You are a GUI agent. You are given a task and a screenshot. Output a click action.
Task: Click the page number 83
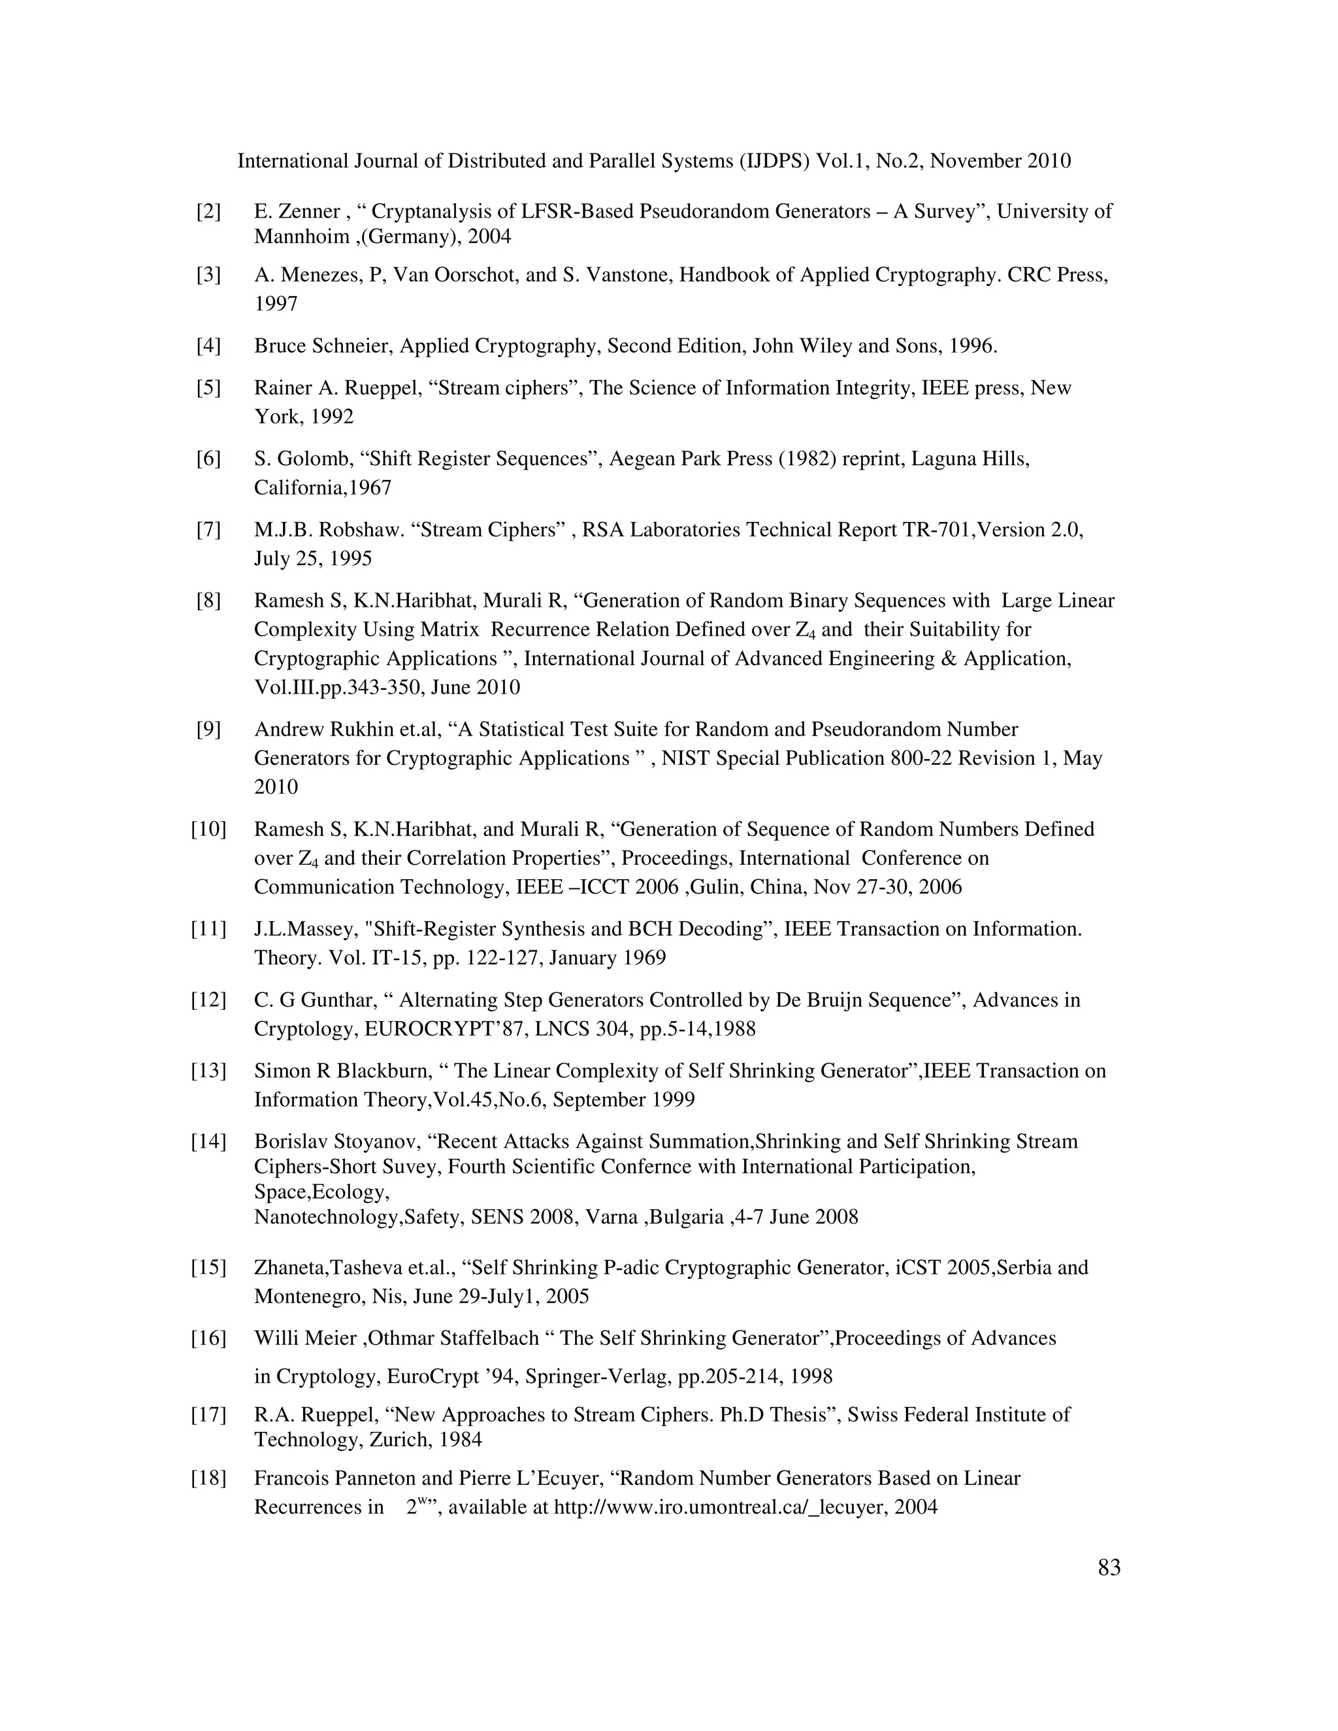click(1109, 1568)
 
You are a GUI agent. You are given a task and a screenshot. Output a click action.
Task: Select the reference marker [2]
click(208, 212)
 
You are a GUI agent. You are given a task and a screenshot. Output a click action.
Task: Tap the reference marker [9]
click(208, 729)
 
